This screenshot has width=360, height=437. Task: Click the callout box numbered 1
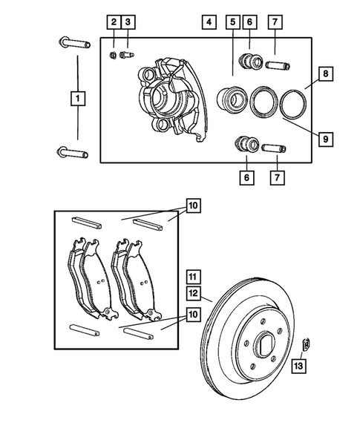pyautogui.click(x=76, y=97)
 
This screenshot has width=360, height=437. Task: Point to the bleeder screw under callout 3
pyautogui.click(x=128, y=54)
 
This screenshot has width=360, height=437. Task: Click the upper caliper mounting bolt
pyautogui.click(x=68, y=42)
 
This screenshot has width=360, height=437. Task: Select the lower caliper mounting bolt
pyautogui.click(x=68, y=153)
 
